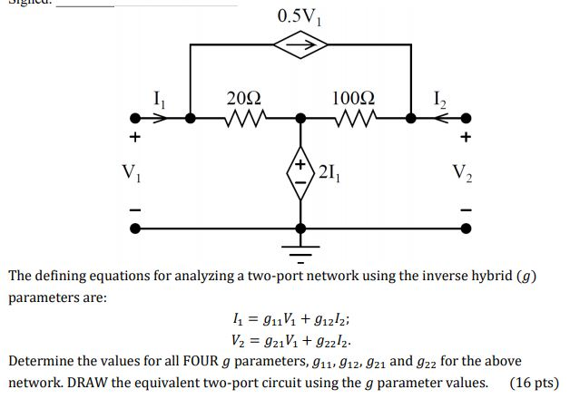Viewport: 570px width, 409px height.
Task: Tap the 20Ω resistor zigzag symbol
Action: tap(245, 117)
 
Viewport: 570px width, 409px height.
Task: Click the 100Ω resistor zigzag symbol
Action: tap(354, 117)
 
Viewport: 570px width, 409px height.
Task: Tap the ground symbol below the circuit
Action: tap(300, 243)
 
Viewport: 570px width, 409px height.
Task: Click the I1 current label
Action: tap(160, 93)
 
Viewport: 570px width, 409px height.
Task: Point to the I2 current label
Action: tap(438, 93)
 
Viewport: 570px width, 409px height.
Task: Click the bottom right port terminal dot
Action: tap(467, 229)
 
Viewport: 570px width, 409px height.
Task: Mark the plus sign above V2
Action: tap(467, 138)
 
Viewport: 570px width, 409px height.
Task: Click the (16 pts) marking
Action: tap(535, 382)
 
